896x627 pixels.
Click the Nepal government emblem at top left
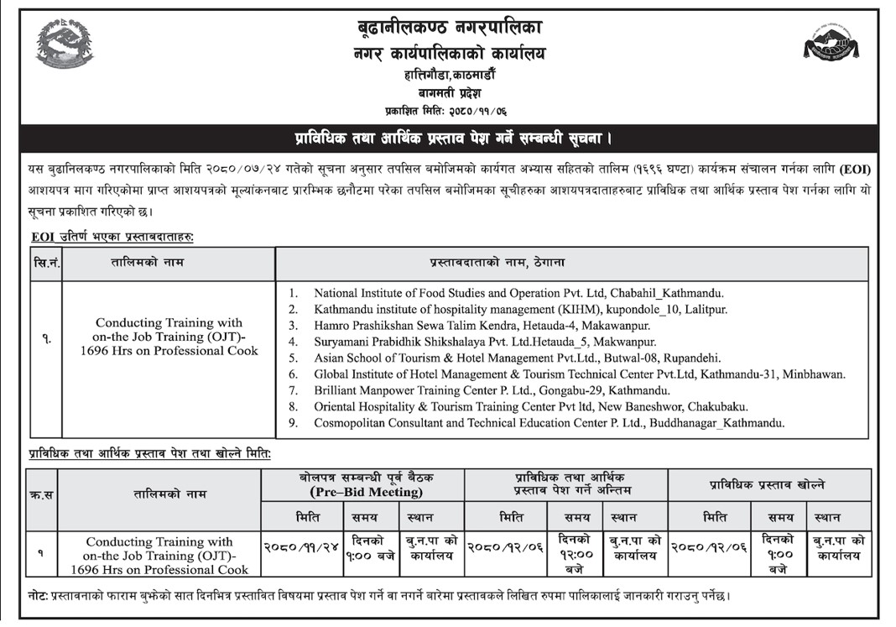(65, 44)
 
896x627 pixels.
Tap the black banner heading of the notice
(448, 136)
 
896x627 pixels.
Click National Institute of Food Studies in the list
(518, 293)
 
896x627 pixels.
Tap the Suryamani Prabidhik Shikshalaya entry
(484, 342)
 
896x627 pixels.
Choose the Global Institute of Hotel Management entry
(579, 374)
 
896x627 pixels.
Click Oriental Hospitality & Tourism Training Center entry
(530, 407)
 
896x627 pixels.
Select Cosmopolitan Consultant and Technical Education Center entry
(549, 423)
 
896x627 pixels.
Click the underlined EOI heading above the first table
(112, 238)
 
